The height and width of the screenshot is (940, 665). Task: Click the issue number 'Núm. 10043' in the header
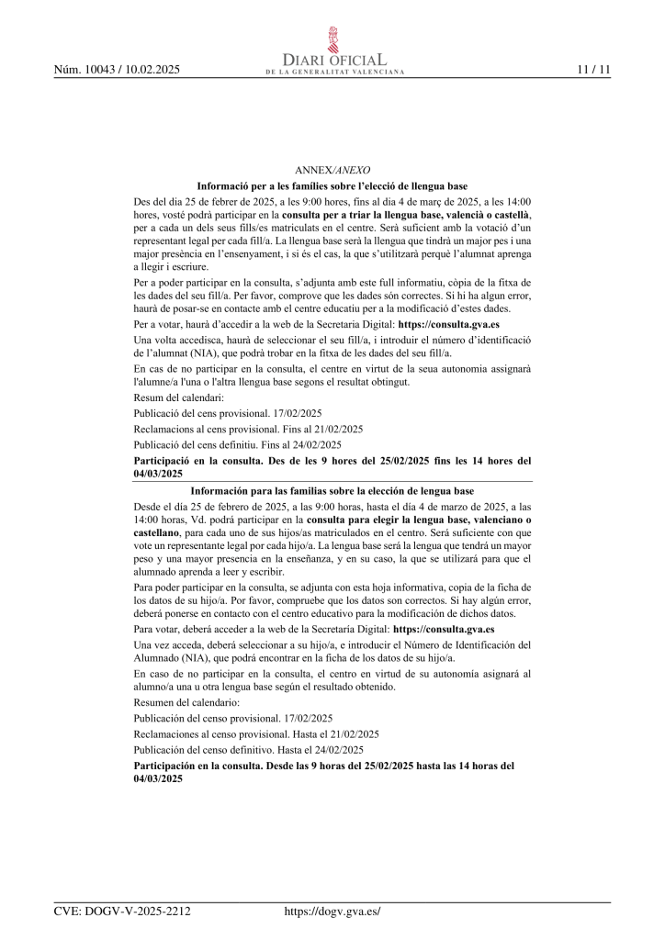click(x=86, y=70)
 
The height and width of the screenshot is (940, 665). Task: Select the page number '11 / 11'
click(x=593, y=70)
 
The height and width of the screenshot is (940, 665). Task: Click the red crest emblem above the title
click(x=333, y=39)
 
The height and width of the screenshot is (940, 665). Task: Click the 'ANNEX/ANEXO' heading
click(x=332, y=171)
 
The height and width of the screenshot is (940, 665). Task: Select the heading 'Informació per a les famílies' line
click(x=332, y=186)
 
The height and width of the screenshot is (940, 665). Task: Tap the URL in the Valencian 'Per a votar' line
click(x=448, y=324)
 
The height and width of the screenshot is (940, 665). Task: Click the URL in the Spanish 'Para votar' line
click(x=444, y=630)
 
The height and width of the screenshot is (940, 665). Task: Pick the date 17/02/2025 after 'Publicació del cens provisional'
click(x=298, y=414)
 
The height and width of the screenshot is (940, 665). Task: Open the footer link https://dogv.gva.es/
click(x=332, y=912)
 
